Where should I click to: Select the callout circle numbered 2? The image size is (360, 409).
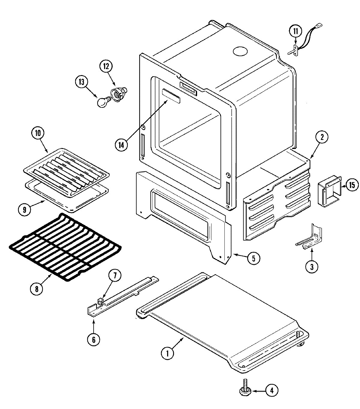tap(322, 138)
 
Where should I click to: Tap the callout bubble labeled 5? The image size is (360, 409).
tap(253, 258)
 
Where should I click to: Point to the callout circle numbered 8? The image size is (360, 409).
tap(37, 289)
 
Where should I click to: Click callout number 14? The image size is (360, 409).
tap(121, 144)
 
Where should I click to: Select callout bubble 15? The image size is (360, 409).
tap(352, 185)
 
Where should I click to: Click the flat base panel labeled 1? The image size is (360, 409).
tap(222, 315)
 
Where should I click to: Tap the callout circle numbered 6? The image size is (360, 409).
tap(93, 340)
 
